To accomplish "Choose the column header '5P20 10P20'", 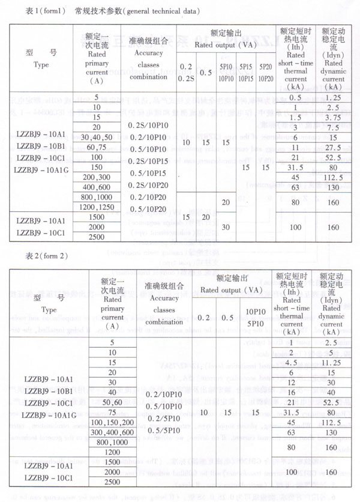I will tap(267, 74).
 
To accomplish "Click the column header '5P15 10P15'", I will tap(246, 74).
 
